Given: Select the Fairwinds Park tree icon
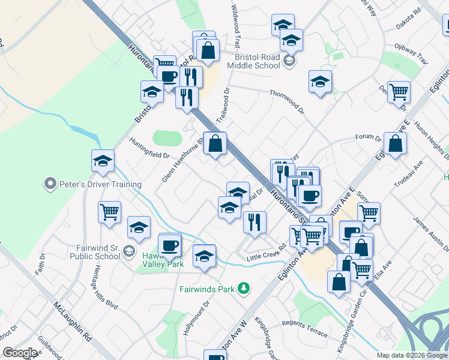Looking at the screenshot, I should [x=243, y=289].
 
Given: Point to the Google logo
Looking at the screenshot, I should [x=20, y=353].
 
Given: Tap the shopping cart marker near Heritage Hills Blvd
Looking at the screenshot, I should [x=109, y=211].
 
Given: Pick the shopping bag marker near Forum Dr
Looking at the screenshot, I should [x=395, y=144].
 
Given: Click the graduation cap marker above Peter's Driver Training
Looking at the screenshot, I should [x=103, y=161].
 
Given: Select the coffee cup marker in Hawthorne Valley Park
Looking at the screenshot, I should [x=169, y=244].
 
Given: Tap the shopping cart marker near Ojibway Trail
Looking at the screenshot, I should [x=399, y=92].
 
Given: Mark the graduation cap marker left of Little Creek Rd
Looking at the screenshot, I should [x=204, y=256].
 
